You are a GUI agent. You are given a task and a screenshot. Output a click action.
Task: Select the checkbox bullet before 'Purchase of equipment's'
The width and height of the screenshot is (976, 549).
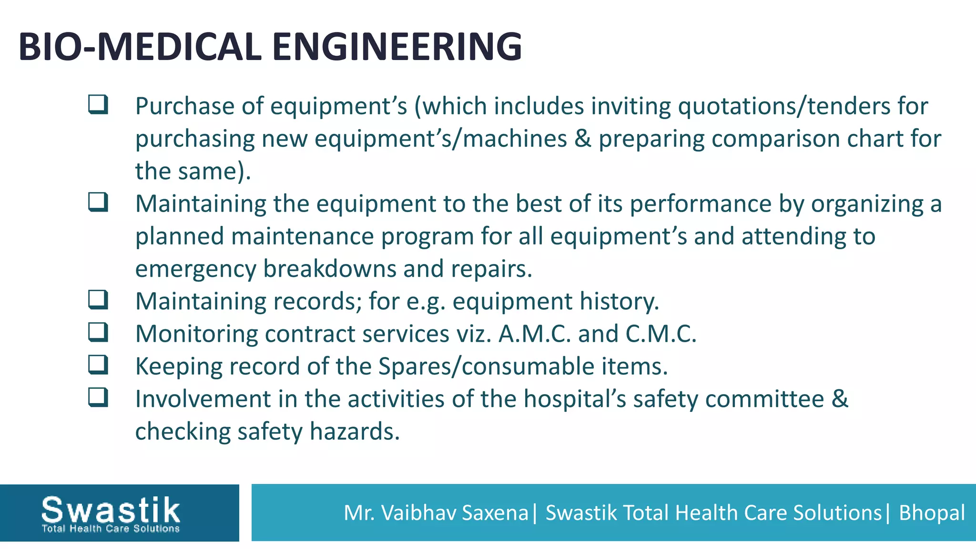coord(98,104)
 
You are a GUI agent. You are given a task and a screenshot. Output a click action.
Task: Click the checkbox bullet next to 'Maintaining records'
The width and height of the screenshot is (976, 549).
coord(98,300)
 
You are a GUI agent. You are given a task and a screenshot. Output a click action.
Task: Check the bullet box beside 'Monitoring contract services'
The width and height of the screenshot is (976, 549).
coord(98,332)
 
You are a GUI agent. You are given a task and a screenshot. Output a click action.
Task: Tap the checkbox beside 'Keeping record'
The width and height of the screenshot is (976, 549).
coord(98,365)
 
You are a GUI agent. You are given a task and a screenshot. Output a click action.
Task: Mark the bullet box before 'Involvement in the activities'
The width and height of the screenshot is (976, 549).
coord(98,397)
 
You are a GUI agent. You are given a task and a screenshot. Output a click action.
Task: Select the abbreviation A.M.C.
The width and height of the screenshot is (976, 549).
coord(534,334)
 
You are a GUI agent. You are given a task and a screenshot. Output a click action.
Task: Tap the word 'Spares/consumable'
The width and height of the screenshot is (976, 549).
coord(486,366)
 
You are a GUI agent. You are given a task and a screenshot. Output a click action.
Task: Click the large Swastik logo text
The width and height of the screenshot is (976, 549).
coord(111,509)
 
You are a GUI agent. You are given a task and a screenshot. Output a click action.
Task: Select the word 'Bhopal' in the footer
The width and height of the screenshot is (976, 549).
coord(932,513)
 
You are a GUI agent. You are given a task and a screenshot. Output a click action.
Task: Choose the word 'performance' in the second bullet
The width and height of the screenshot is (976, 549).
coord(700,204)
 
